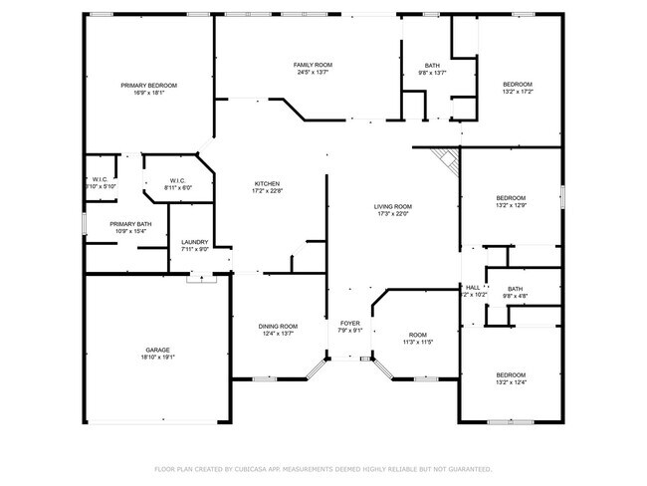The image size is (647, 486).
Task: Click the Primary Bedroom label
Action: coord(149,86)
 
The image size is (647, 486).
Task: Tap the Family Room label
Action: coord(312,64)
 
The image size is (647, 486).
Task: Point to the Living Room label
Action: coord(393,206)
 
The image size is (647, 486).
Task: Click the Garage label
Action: coord(157,351)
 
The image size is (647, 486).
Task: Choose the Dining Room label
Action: coord(278,327)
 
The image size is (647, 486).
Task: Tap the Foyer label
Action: coord(349,324)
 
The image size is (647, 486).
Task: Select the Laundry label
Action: coord(194,242)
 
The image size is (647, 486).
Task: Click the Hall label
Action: coord(473,287)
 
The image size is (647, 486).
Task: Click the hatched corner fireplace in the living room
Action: coord(445,157)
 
